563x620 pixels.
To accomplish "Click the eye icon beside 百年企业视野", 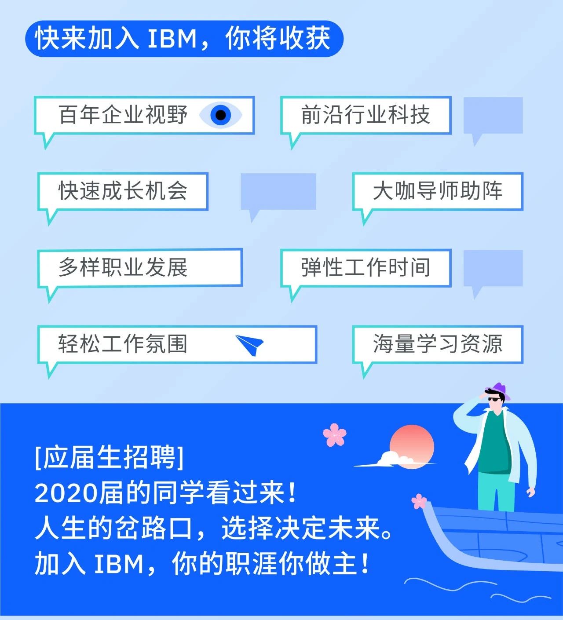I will tap(221, 115).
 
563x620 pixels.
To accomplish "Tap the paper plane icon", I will tap(250, 345).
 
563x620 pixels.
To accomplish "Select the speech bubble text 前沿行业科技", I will tap(366, 115).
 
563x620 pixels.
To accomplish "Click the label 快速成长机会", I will tap(123, 191).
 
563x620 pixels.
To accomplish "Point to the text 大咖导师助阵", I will tap(438, 191).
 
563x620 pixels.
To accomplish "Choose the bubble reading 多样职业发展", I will tap(123, 268).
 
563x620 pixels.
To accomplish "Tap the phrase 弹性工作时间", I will tap(366, 268).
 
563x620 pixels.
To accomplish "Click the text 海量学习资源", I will tap(438, 344).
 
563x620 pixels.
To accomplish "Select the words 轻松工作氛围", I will tap(123, 344).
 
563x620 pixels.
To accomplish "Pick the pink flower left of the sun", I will tap(335, 434).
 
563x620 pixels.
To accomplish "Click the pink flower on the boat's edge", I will tap(419, 501).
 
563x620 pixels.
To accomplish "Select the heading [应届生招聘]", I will tap(109, 458).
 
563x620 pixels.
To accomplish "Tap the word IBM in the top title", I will tap(172, 39).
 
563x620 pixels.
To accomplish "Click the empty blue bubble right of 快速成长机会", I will tap(278, 191).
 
